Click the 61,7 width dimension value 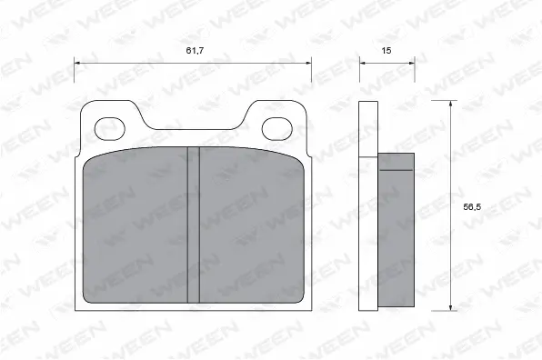[194, 50]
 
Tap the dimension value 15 [386, 50]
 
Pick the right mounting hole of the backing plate [276, 127]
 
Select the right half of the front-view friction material [250, 227]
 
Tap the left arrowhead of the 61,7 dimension [77, 63]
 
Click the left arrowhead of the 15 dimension [362, 63]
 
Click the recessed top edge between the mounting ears [193, 127]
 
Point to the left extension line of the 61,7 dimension [74, 82]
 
